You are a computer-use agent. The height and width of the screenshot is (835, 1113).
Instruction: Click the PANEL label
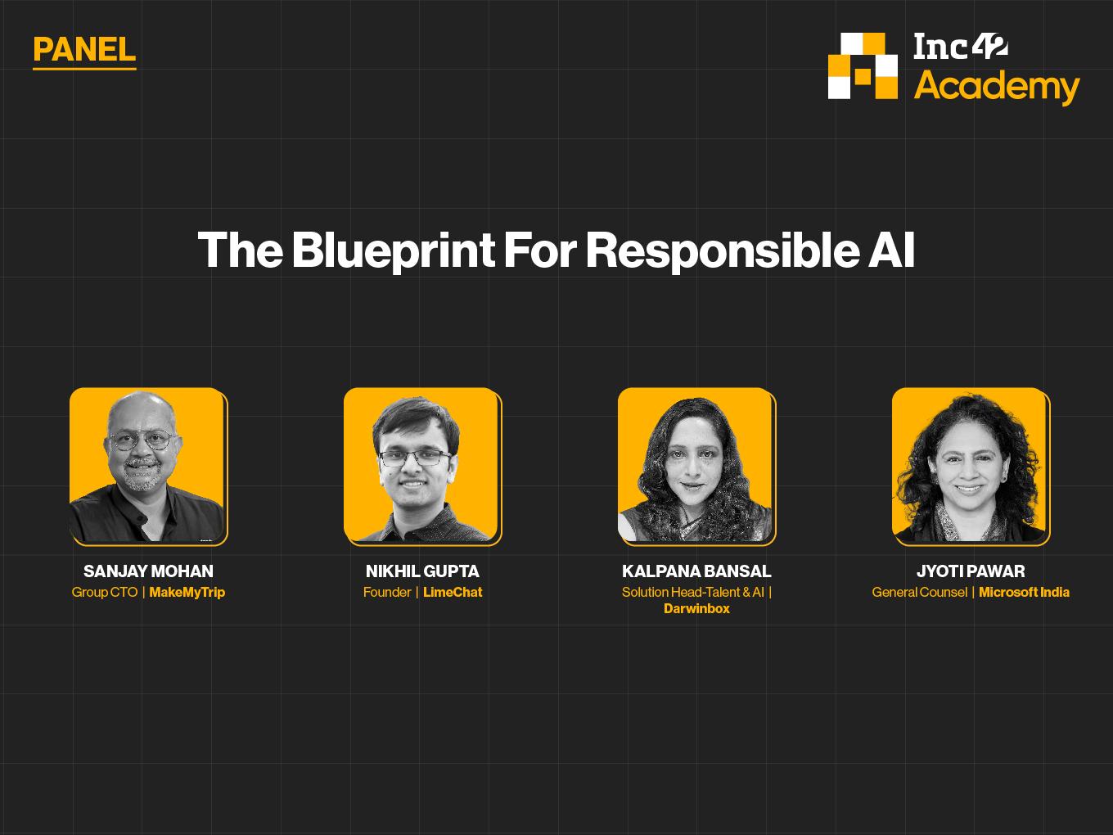(x=84, y=50)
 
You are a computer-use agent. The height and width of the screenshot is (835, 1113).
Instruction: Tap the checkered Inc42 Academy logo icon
(x=863, y=65)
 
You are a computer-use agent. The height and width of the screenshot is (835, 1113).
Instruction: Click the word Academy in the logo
(x=997, y=87)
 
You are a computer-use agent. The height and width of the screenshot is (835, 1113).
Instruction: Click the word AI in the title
(x=892, y=250)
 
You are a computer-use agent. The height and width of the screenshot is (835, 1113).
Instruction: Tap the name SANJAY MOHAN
(x=149, y=571)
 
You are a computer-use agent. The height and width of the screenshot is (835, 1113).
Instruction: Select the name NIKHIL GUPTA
(x=422, y=571)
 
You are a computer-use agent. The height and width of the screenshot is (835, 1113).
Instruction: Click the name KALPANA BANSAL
(x=696, y=571)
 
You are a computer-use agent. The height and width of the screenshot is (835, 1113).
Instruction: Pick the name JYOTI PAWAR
(x=971, y=571)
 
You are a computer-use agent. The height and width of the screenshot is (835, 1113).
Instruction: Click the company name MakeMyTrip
(x=187, y=592)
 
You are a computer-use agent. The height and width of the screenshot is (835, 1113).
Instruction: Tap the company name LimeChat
(x=453, y=592)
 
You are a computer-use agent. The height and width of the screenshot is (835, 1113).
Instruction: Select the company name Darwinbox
(x=696, y=608)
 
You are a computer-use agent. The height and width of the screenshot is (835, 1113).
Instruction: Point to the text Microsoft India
(x=1025, y=592)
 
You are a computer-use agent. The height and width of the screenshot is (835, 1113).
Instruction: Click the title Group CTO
(x=105, y=592)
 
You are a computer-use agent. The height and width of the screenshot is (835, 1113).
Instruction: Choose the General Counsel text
(x=920, y=592)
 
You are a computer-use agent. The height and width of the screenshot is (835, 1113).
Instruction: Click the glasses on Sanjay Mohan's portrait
(x=142, y=440)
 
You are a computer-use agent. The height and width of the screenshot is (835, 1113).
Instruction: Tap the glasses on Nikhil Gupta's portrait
(x=415, y=458)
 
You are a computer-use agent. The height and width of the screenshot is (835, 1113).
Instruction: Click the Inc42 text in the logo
(x=961, y=47)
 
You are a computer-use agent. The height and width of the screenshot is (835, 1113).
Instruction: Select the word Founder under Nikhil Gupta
(x=387, y=592)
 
